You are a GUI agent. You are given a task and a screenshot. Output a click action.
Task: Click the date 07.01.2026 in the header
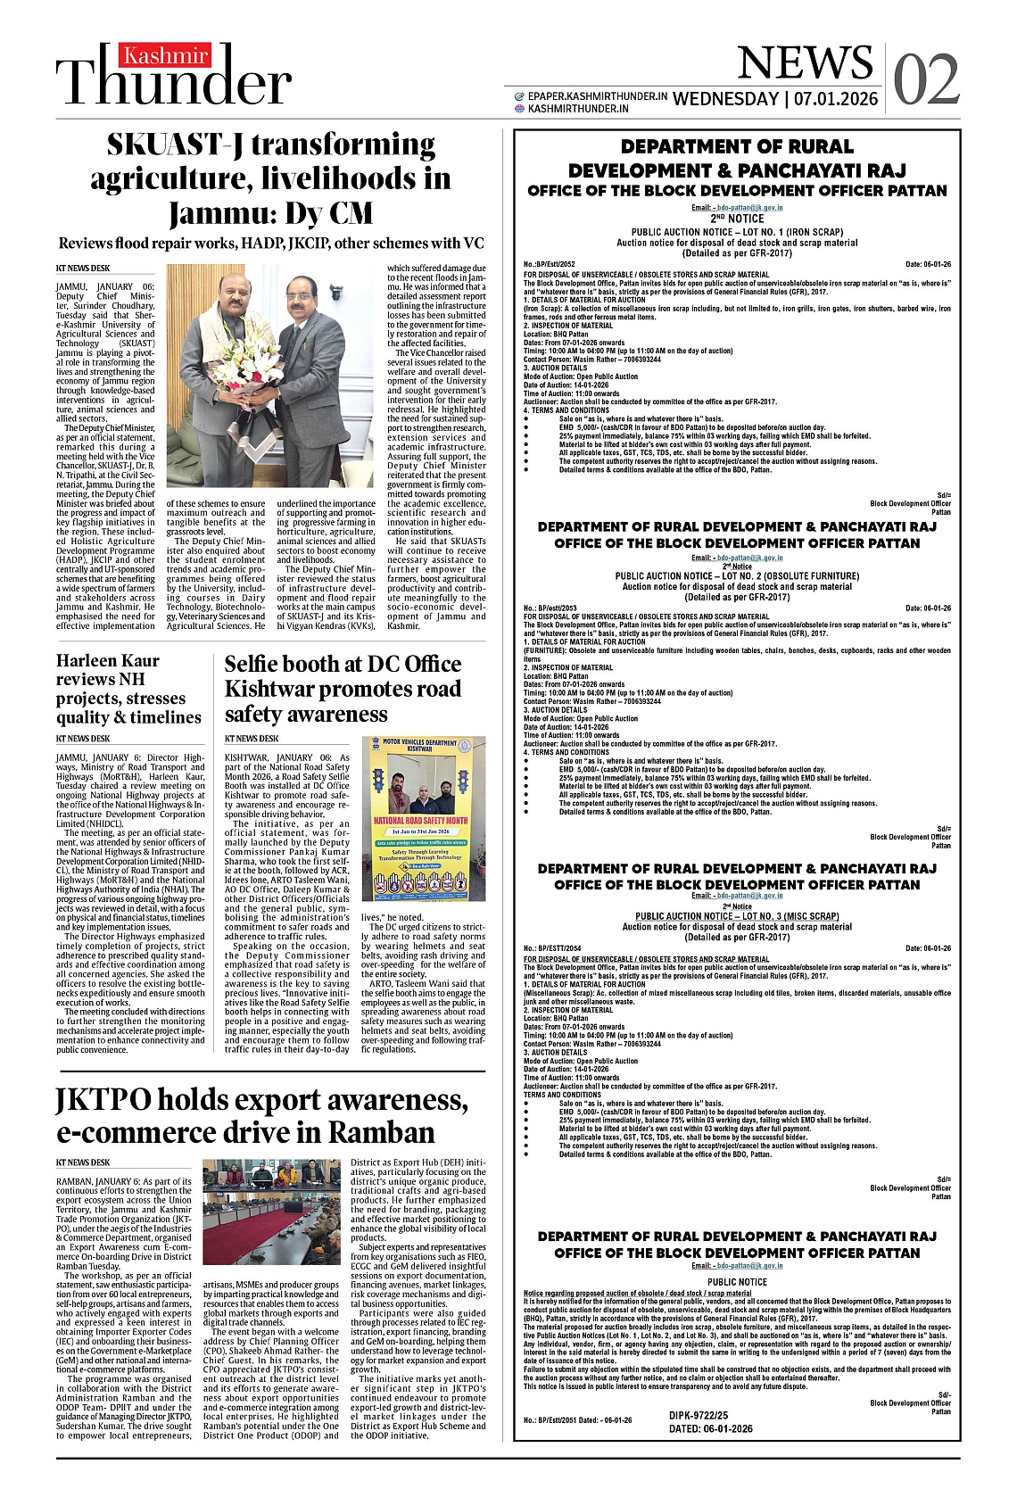point(834,98)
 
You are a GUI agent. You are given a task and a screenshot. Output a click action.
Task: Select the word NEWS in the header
point(805,62)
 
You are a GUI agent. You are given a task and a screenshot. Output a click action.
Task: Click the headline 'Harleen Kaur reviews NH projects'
point(128,688)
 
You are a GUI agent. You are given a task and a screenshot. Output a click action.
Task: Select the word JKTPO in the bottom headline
point(103,1099)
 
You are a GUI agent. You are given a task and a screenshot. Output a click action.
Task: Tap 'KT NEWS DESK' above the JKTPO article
point(83,1162)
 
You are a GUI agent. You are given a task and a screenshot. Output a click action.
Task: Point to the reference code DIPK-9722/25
point(699,1415)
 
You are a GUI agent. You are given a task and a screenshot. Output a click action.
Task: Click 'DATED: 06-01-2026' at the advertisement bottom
point(710,1428)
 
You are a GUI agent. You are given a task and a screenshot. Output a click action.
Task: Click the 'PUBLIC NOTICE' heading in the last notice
point(737,1282)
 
